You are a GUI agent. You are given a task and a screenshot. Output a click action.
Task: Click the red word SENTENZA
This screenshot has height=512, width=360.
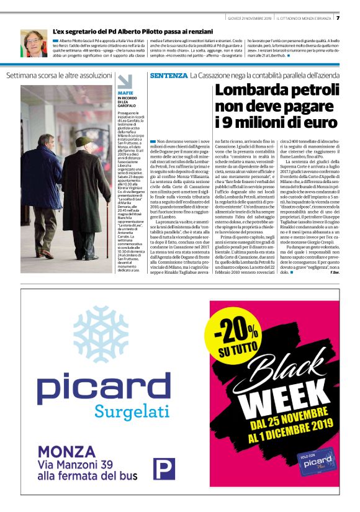(168, 76)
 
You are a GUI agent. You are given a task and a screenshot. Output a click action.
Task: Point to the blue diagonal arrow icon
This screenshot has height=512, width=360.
(125, 82)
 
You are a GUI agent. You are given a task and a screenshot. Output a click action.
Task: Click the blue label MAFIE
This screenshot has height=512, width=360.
(124, 92)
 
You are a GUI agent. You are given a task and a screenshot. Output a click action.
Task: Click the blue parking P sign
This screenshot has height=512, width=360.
(164, 469)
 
